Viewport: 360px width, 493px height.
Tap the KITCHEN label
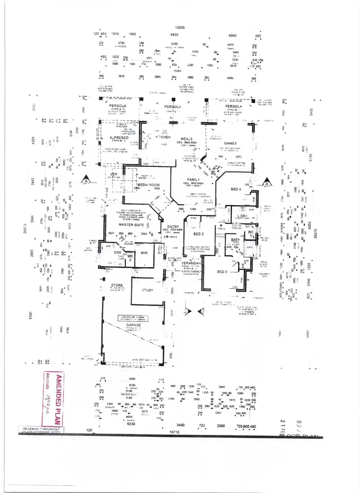tap(163, 137)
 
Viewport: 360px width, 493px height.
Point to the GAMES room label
tap(231, 143)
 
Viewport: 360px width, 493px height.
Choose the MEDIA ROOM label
tap(148, 185)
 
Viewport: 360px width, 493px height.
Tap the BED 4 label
tap(235, 189)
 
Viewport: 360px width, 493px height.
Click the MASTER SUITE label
tap(132, 224)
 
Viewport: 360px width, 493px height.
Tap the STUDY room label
tap(147, 290)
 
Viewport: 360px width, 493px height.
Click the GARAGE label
tap(133, 325)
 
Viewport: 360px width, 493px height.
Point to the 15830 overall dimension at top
tap(180, 28)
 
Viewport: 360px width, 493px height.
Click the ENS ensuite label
tap(117, 252)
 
